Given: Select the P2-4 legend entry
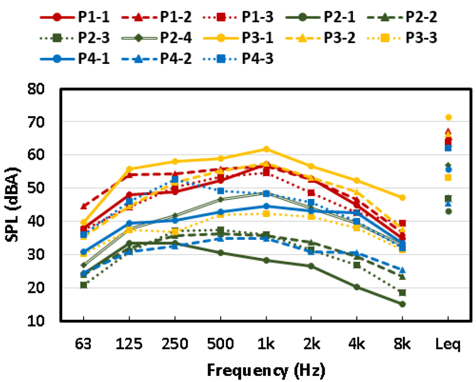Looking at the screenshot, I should (x=142, y=38).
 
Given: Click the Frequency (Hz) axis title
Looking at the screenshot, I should (x=266, y=371).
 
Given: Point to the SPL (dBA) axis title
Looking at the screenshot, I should (x=15, y=204).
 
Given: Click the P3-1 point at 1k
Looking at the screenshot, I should (x=266, y=149).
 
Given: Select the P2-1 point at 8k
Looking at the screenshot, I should (x=402, y=304).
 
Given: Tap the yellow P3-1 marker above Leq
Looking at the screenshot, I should (x=449, y=117).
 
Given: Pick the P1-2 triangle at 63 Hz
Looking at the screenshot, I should (x=84, y=207).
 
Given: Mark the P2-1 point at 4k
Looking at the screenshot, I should (x=357, y=287).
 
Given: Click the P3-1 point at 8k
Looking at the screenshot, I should (x=402, y=197).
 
